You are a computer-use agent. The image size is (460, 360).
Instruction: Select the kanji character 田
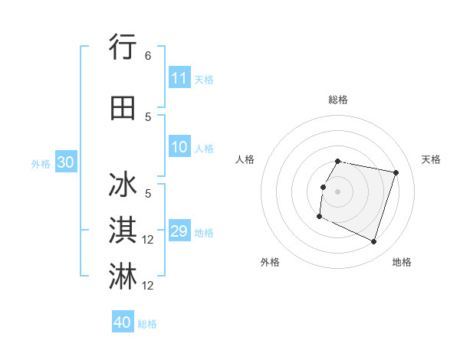pos(123,108)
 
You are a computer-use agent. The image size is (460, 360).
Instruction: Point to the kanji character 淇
pos(123,231)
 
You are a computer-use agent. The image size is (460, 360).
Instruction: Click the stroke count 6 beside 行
pos(148,56)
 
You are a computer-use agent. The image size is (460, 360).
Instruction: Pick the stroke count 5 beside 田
pos(148,116)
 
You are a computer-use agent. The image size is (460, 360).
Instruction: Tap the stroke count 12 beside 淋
pos(148,286)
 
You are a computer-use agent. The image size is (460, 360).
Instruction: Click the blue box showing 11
pos(179,78)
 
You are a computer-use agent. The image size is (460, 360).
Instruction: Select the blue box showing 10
pos(179,148)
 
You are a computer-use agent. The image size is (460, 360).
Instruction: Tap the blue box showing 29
pos(179,232)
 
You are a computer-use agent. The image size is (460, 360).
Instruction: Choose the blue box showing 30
pos(65,162)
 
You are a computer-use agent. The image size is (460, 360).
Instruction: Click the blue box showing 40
pos(123,322)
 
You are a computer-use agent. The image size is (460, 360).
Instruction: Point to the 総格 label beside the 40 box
pos(147,324)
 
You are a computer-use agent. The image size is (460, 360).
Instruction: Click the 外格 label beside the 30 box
pos(41,163)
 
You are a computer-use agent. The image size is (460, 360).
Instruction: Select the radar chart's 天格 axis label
pos(431,159)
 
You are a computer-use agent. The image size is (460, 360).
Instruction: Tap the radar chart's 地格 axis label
pos(402,262)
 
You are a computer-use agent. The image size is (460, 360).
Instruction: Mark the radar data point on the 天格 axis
pos(396,173)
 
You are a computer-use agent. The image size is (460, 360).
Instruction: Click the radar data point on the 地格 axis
pos(373,242)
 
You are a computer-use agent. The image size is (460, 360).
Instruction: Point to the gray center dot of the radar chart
pos(337,191)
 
